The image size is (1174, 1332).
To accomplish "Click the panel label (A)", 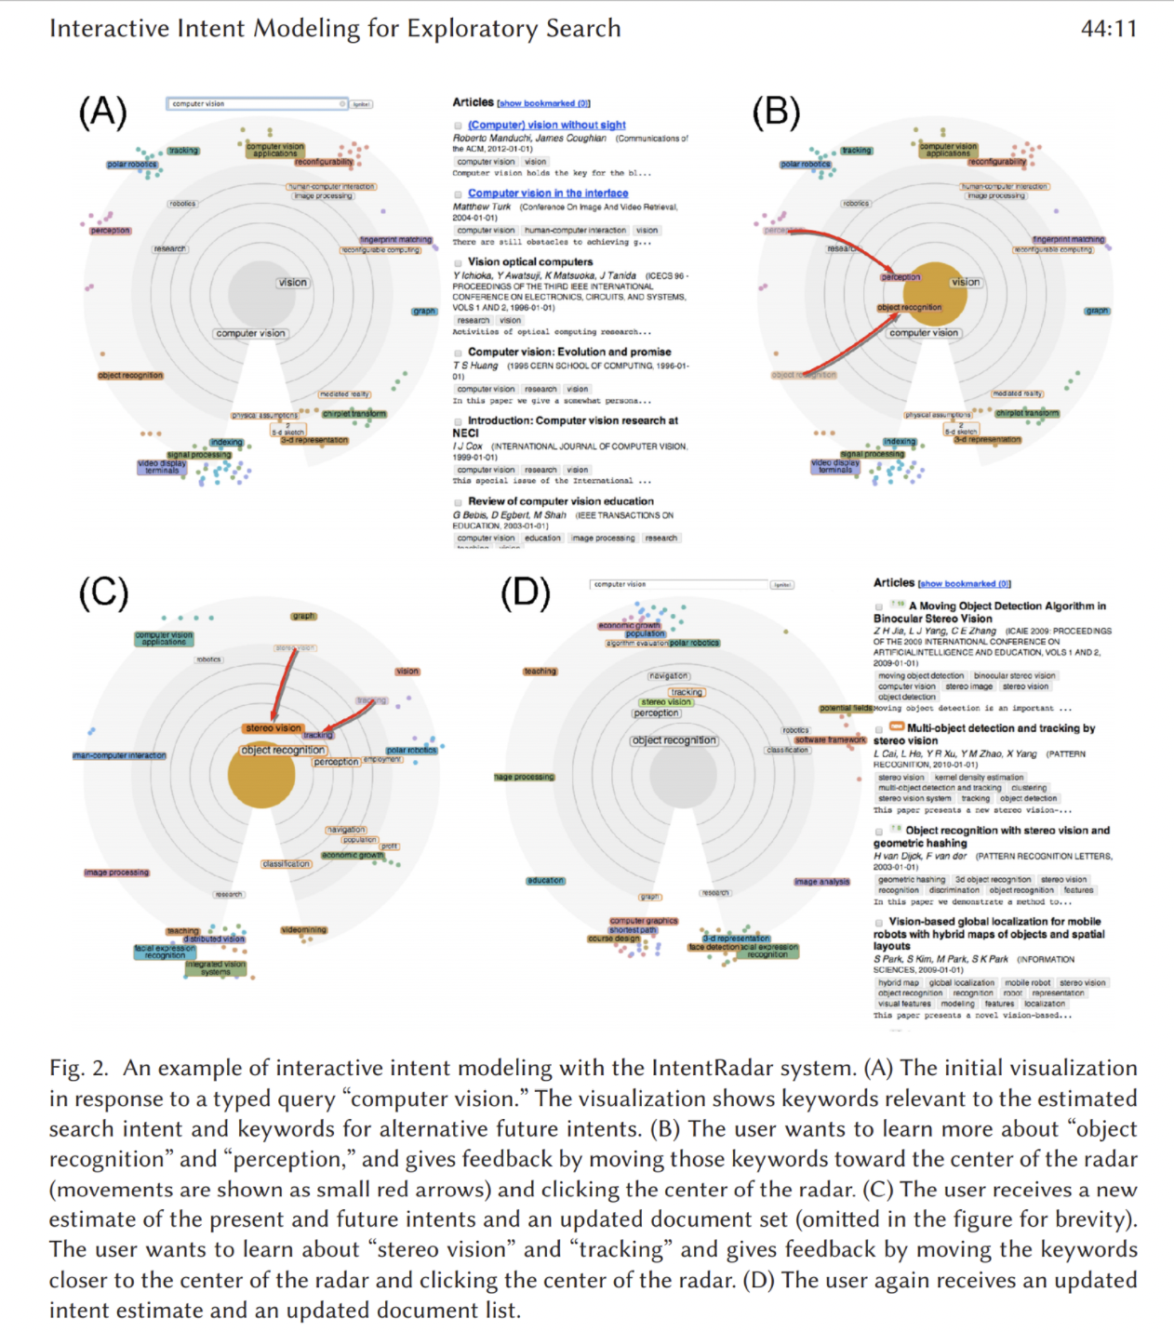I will point(102,113).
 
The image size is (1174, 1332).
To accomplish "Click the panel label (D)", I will point(526,593).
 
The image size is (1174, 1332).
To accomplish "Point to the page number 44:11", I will point(1108,29).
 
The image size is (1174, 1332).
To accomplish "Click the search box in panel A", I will point(256,104).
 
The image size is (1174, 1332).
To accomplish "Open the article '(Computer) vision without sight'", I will point(546,125).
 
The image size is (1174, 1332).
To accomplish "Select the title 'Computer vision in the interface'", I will point(547,193).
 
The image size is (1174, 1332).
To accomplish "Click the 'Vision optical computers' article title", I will point(529,262).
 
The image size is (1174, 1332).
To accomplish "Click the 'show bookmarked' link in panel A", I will point(543,103).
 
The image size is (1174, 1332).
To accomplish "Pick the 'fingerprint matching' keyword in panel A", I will point(395,240).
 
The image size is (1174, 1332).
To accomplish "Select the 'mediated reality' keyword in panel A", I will point(344,394).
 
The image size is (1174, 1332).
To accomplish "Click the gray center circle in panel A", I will point(263,293).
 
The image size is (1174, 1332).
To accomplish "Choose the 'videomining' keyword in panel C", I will point(303,930).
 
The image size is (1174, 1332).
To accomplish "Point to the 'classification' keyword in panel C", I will point(287,864).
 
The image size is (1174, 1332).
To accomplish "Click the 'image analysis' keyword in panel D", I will point(821,882).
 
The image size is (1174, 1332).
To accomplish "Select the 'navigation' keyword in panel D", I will point(669,676).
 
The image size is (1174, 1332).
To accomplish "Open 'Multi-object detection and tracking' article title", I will point(1000,728).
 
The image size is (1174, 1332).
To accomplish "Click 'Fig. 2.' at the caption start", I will point(79,1068).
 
